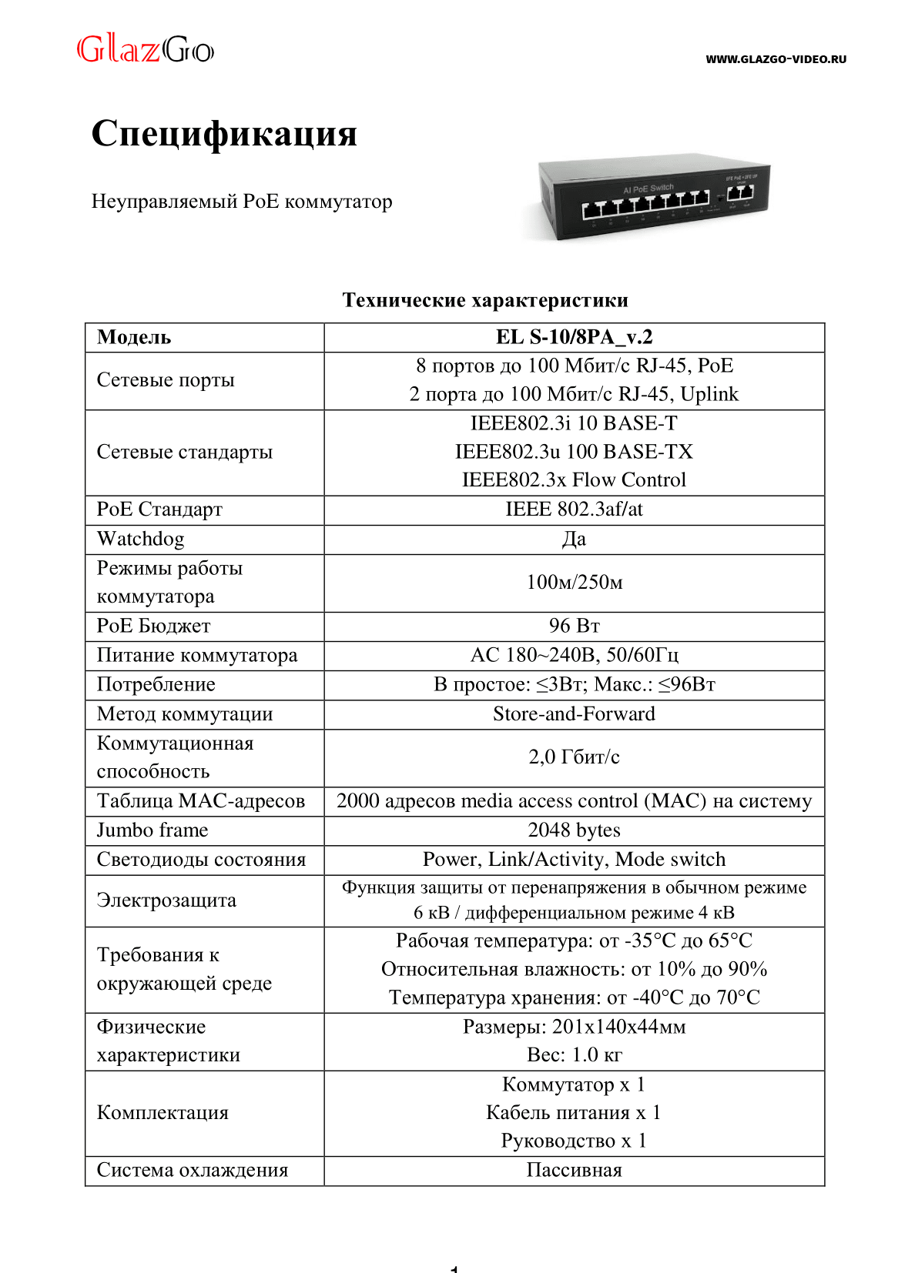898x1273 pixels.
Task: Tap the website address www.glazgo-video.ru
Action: pos(776,59)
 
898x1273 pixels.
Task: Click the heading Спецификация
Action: pos(224,133)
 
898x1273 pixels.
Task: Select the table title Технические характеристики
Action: pos(485,300)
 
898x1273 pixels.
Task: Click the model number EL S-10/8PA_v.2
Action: pos(574,337)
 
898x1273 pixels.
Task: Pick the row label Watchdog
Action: pos(140,539)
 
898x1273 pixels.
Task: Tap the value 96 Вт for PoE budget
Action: pos(574,626)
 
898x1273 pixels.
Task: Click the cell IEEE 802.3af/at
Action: pos(574,510)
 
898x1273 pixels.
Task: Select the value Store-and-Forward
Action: pos(574,714)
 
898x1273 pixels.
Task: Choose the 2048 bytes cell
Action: pos(574,830)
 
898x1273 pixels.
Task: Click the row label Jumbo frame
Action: pos(152,830)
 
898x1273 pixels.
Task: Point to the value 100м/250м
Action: pos(574,582)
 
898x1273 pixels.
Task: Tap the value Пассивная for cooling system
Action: pos(574,1171)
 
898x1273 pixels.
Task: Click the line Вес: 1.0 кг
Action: pos(574,1055)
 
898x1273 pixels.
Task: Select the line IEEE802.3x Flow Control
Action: pos(574,480)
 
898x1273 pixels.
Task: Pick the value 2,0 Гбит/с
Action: pos(574,757)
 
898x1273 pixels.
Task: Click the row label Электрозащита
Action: pos(166,900)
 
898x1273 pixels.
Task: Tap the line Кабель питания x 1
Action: pos(574,1113)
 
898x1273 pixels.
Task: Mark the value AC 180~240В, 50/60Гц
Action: pos(574,655)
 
